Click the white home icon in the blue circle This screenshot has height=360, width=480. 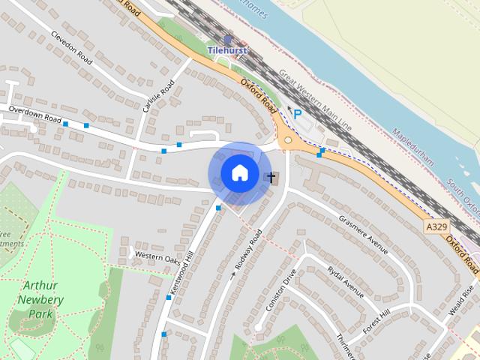point(239,172)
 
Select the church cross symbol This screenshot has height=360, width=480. point(271,178)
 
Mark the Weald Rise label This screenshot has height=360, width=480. point(460,302)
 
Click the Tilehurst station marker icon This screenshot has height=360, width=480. point(228,39)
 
